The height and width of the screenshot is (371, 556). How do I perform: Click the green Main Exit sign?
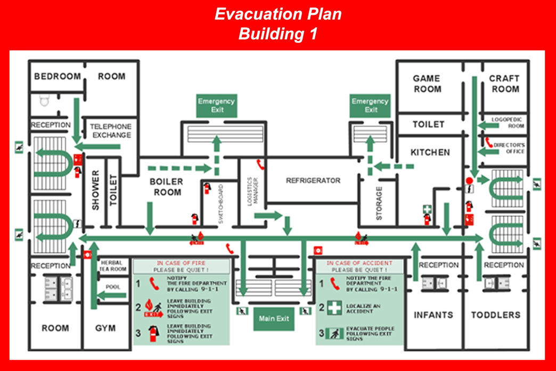tap(274, 319)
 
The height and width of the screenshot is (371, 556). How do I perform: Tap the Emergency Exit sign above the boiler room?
tap(216, 106)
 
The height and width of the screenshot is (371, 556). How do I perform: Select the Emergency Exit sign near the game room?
tap(370, 106)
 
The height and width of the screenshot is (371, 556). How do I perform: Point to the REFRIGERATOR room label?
tap(313, 181)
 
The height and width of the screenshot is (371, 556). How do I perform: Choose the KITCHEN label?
tap(430, 152)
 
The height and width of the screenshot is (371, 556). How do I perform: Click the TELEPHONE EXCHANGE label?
tap(110, 131)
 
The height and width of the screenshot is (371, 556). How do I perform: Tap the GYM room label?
tap(105, 328)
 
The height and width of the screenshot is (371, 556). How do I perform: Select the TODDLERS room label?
tap(495, 315)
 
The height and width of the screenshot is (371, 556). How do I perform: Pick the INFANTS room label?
tap(434, 315)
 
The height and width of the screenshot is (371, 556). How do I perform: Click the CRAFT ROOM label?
tap(504, 84)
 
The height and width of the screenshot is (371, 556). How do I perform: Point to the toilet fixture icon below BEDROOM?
tap(45, 100)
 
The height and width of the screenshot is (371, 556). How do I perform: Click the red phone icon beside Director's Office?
tap(488, 142)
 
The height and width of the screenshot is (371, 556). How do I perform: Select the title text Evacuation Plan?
tap(278, 14)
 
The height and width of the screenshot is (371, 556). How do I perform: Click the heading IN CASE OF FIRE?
tap(181, 263)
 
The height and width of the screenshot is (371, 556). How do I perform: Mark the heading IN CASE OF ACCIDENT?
tap(359, 263)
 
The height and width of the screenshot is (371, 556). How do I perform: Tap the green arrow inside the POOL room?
tap(113, 295)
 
